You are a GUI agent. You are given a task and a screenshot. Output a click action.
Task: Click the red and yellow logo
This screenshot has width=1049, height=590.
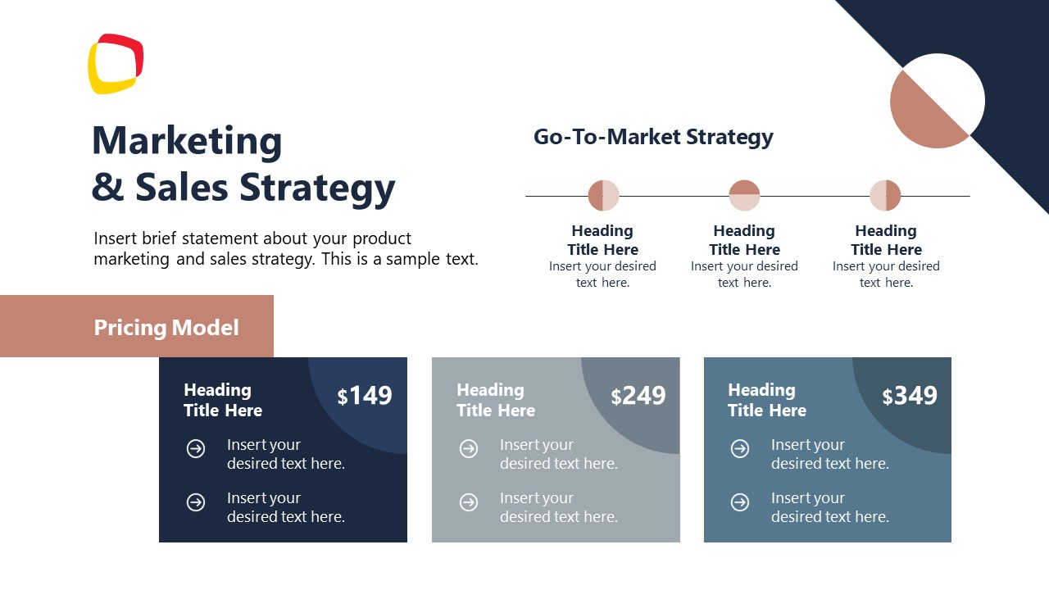(116, 64)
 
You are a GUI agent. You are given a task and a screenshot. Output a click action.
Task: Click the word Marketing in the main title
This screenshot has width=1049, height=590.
(187, 141)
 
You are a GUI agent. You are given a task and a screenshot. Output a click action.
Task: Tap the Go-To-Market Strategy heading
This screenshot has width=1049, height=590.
(653, 137)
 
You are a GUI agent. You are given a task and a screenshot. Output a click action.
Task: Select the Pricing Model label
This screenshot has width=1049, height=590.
(166, 328)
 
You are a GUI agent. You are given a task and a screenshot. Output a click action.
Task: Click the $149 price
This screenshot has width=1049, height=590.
(365, 396)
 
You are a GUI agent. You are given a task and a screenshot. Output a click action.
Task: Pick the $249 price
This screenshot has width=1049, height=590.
(638, 396)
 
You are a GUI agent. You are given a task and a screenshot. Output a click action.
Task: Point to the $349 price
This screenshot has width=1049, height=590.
(910, 396)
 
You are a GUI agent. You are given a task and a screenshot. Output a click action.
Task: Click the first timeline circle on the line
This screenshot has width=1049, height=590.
(603, 196)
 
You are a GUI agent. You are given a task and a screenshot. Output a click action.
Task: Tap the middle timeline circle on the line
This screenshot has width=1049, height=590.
(744, 196)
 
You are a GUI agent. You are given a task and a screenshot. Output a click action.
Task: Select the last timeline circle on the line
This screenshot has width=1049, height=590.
(885, 196)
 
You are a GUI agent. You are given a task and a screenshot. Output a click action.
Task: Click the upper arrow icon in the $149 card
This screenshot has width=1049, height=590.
(196, 448)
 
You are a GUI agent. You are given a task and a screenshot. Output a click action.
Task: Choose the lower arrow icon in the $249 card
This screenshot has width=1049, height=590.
(469, 501)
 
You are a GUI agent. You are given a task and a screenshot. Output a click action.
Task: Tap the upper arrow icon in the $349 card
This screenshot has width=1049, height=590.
(740, 448)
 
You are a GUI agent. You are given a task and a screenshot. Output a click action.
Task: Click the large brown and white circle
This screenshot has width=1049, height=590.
(937, 101)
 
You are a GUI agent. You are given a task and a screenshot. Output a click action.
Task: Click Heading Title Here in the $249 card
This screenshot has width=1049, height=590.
(496, 400)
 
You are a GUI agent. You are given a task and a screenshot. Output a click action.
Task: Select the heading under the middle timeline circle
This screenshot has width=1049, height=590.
(744, 240)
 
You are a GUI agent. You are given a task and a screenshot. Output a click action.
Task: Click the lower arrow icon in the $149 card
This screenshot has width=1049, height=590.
(196, 501)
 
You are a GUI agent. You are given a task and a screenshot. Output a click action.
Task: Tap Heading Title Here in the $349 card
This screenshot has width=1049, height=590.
(767, 400)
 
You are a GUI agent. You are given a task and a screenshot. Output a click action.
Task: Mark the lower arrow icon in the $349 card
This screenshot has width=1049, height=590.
(740, 501)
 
